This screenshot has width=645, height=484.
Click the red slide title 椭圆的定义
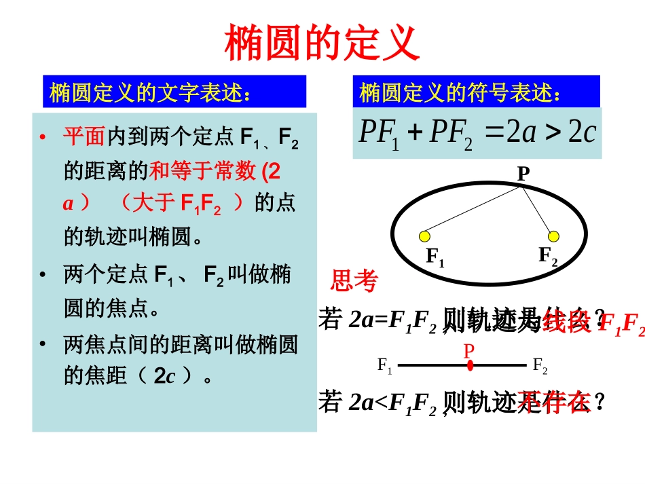coord(322,43)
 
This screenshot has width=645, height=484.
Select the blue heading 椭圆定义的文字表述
coord(150,93)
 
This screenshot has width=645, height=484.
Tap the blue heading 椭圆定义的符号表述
coord(460,93)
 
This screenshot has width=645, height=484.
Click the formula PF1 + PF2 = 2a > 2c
coord(477,132)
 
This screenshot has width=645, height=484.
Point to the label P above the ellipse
coord(523,174)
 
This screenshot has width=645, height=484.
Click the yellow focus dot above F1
coord(425,236)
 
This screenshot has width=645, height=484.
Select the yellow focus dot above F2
coord(553,236)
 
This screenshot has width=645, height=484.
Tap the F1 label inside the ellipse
coord(435,257)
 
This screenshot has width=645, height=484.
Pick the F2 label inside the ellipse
coord(548,257)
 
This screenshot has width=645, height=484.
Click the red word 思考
coord(354,280)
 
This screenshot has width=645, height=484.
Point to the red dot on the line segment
coord(470,365)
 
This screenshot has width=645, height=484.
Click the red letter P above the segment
coord(468,351)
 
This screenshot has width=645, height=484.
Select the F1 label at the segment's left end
coord(385,367)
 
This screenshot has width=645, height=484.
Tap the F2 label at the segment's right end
coord(540,367)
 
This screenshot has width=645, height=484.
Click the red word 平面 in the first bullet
coord(84,137)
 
